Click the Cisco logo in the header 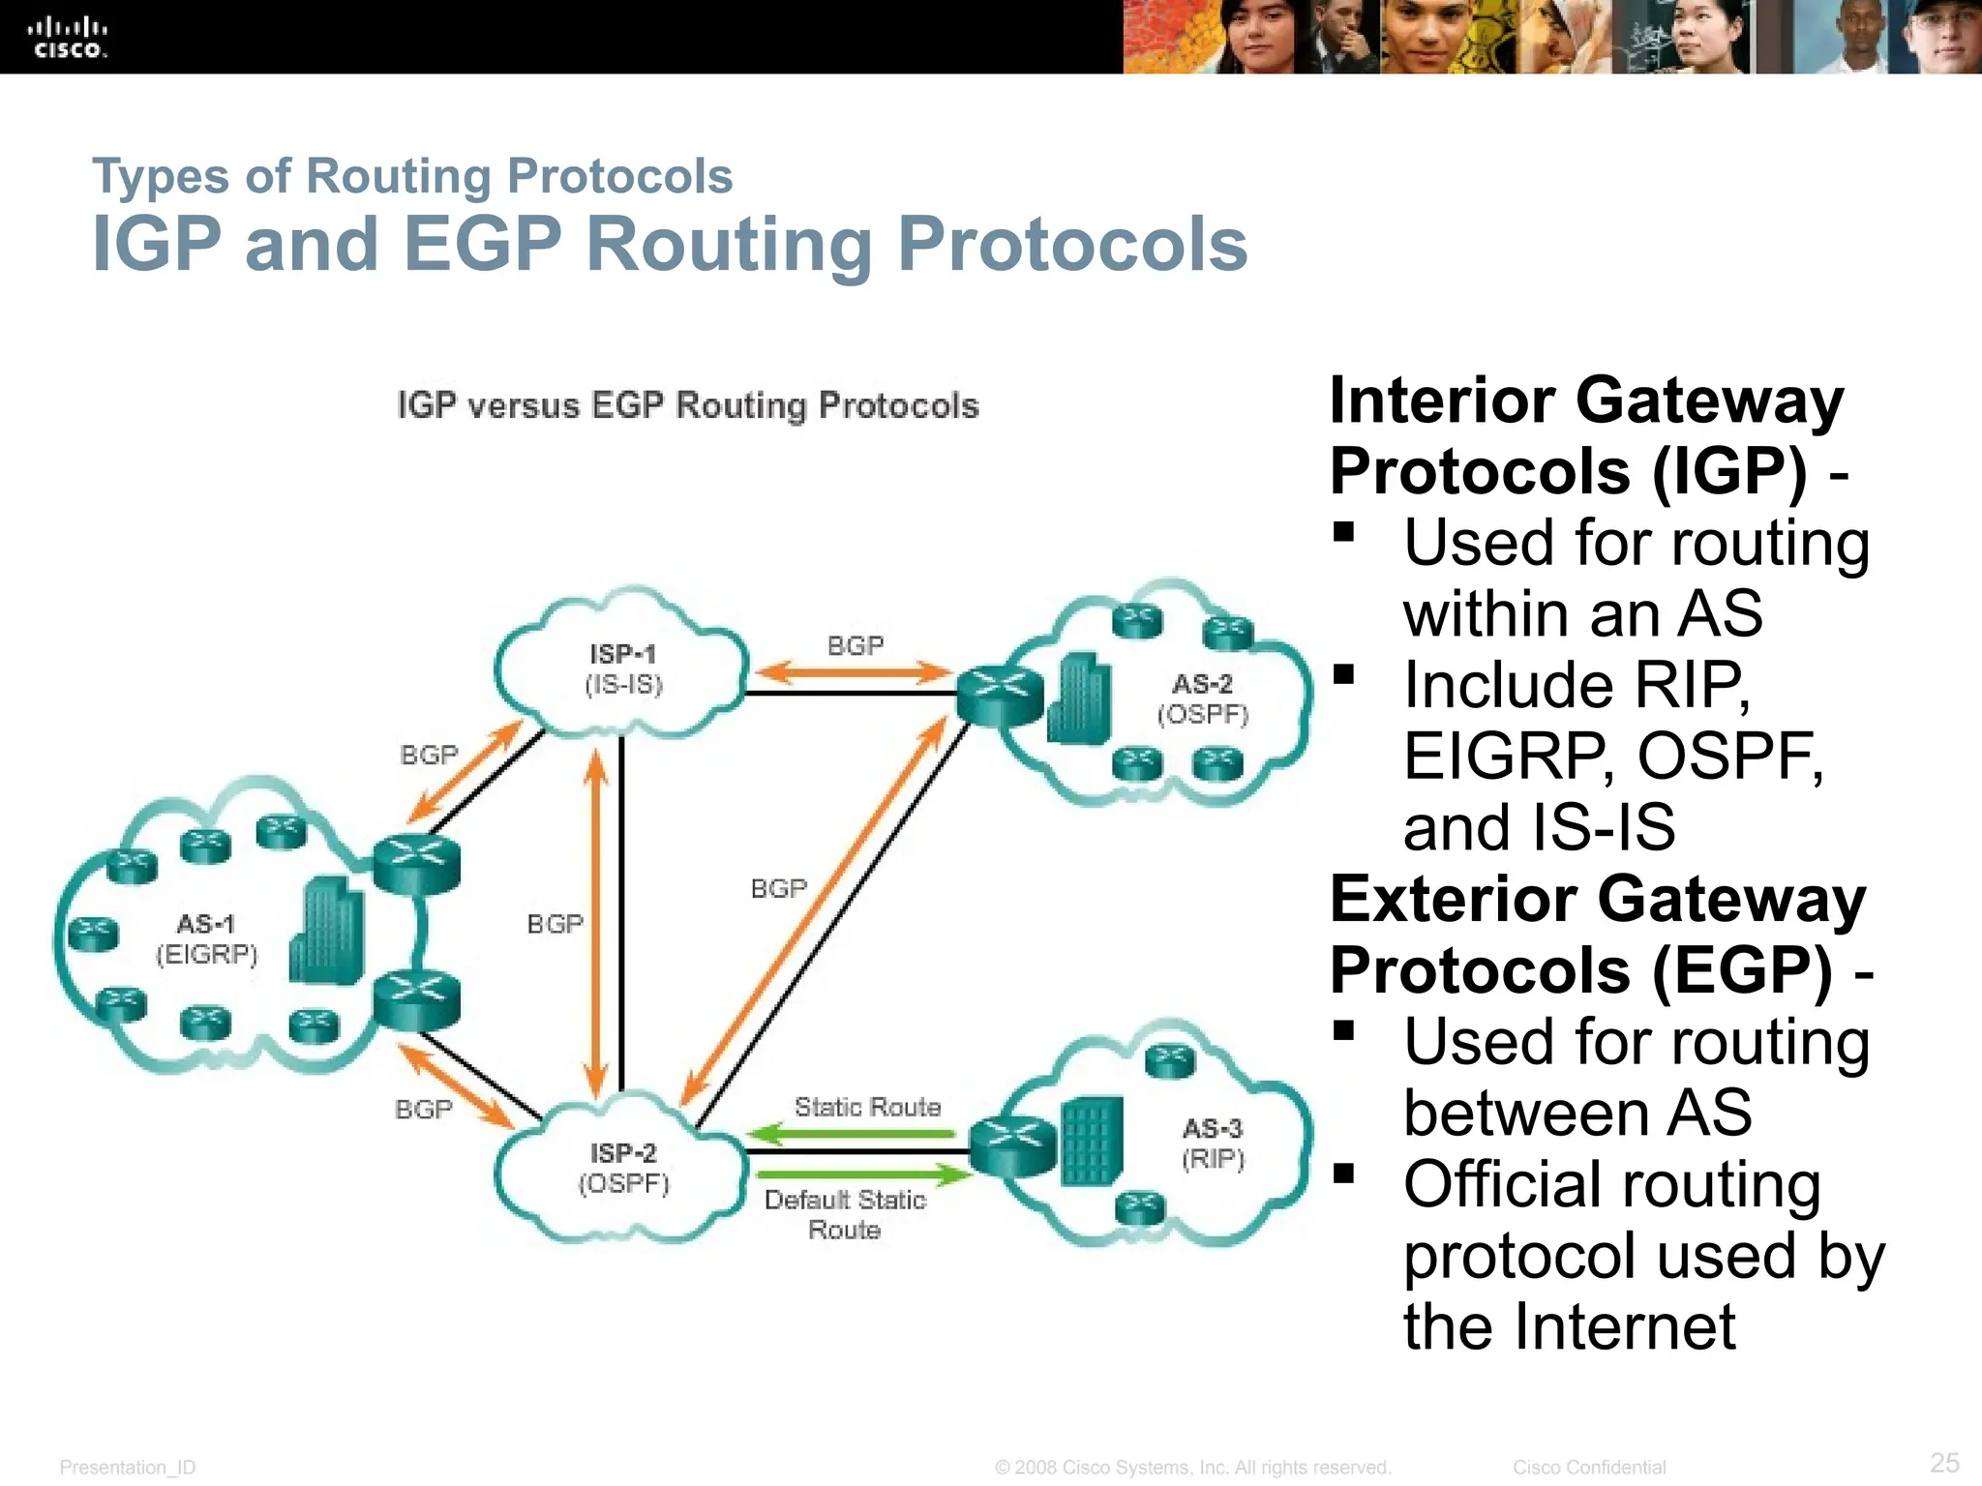click(68, 37)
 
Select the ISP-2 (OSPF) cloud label click(624, 1168)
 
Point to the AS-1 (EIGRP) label click(206, 939)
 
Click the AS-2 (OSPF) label click(1203, 698)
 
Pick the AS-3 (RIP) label click(1213, 1143)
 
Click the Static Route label click(867, 1107)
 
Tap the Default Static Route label click(845, 1214)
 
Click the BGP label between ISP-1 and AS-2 click(856, 645)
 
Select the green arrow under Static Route click(852, 1133)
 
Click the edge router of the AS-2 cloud click(1000, 694)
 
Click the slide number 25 click(1944, 1462)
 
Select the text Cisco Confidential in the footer click(1589, 1468)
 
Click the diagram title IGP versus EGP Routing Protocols click(688, 405)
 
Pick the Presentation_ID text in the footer click(128, 1468)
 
